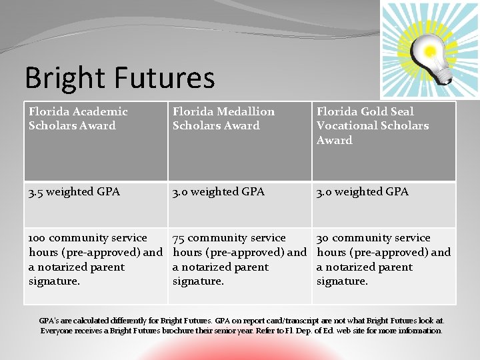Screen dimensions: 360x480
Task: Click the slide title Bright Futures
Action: click(x=120, y=78)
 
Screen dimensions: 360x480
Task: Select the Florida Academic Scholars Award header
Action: click(x=78, y=118)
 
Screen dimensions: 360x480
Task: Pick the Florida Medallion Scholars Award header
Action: click(x=223, y=118)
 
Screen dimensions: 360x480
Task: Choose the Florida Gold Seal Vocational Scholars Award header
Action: click(x=373, y=125)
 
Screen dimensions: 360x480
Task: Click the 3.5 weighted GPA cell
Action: click(x=75, y=192)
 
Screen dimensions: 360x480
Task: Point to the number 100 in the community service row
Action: click(x=37, y=238)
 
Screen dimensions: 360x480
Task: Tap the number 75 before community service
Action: click(x=179, y=238)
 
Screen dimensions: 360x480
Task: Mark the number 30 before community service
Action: click(x=323, y=238)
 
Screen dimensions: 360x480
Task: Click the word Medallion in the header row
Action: click(x=243, y=111)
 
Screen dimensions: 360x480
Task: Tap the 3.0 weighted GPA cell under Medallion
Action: click(x=219, y=192)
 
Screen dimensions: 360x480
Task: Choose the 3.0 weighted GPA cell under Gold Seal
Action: click(x=363, y=192)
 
